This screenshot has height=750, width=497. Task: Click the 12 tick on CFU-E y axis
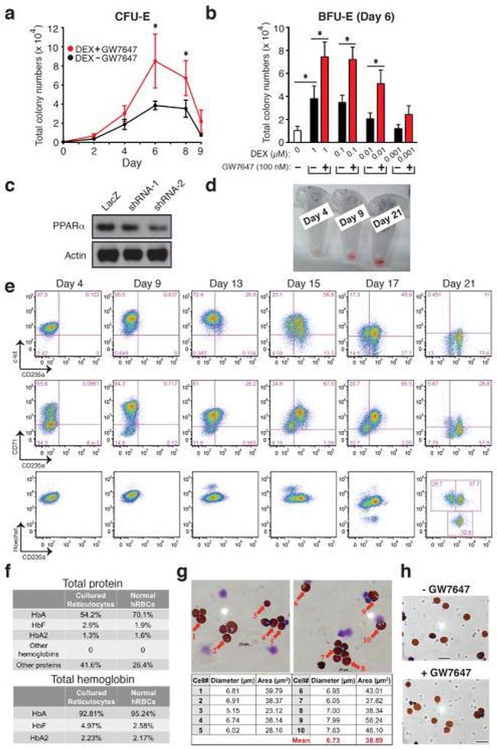[x=53, y=28]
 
